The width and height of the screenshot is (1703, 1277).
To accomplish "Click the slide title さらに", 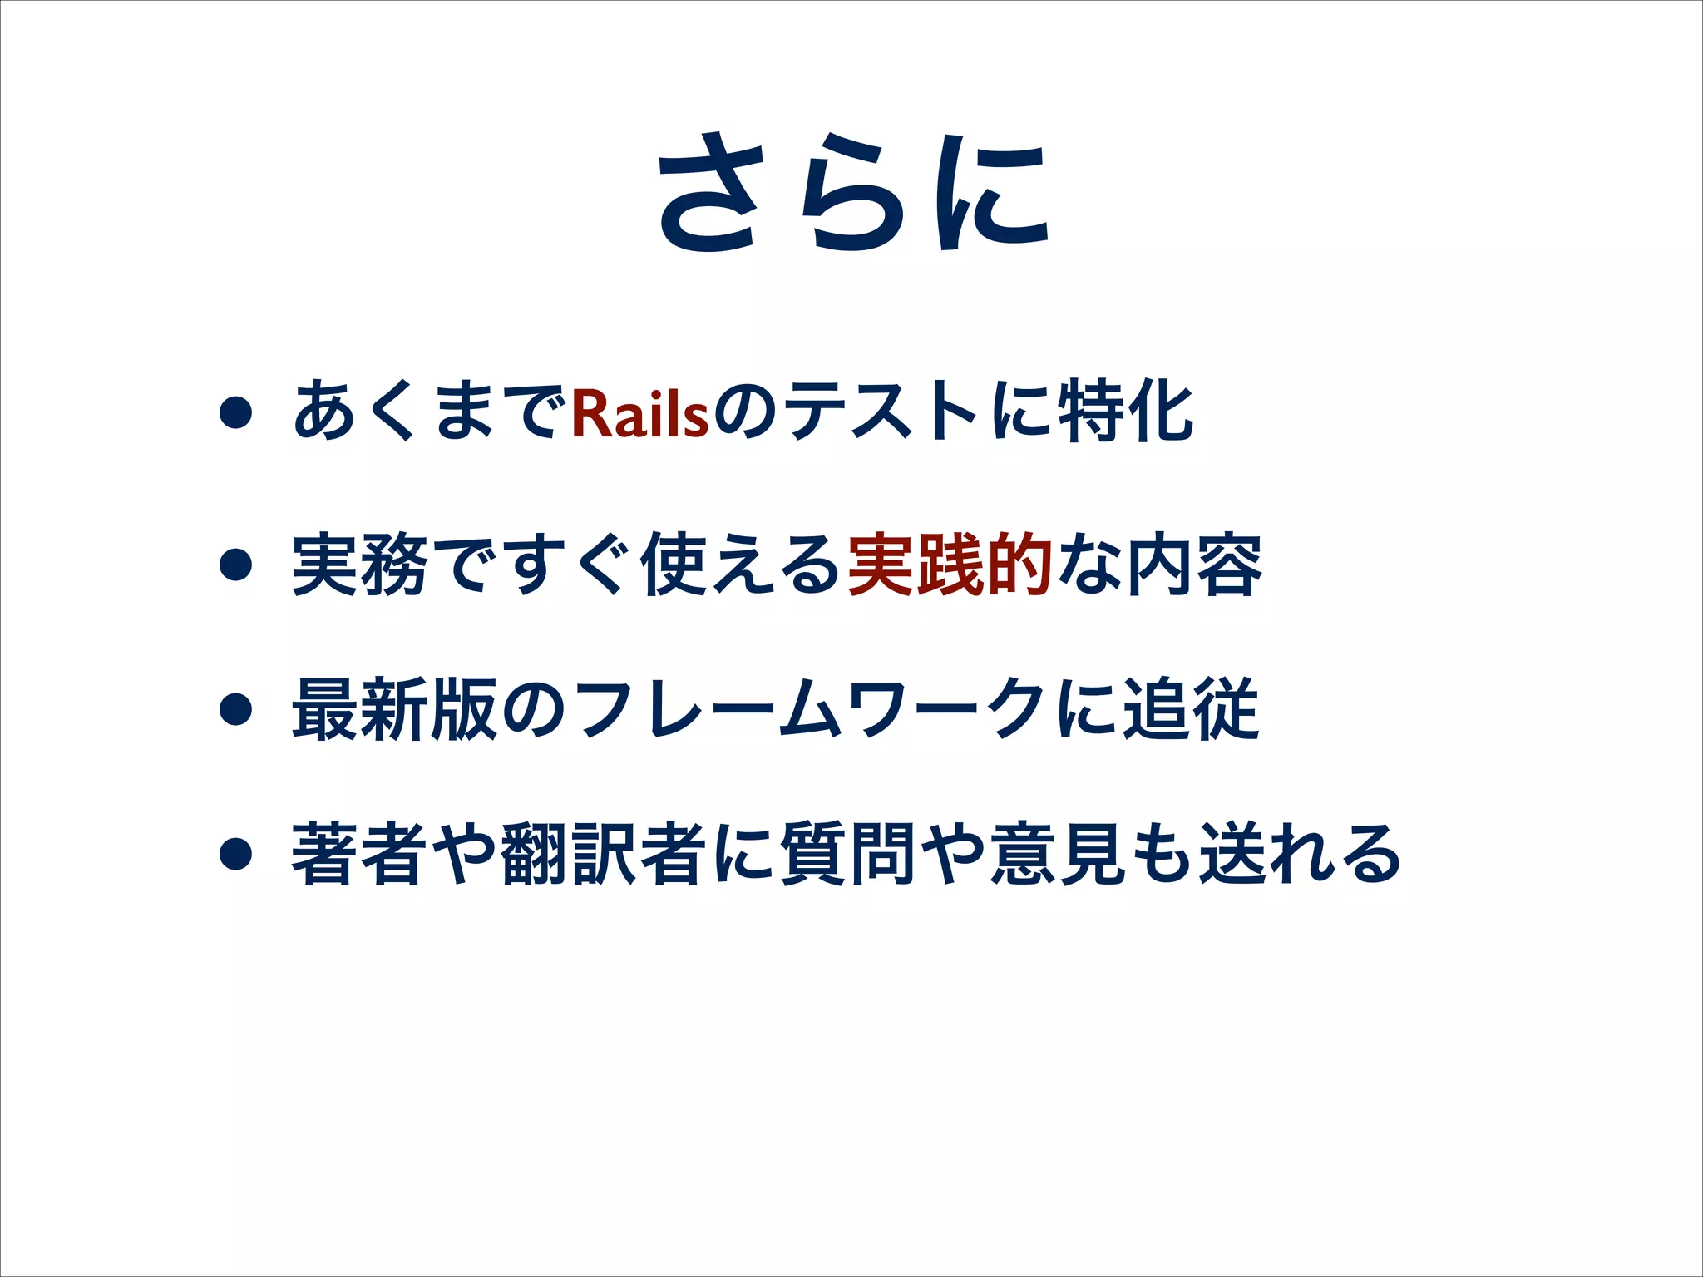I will pyautogui.click(x=853, y=193).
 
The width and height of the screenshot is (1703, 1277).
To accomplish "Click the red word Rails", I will pyautogui.click(x=639, y=413).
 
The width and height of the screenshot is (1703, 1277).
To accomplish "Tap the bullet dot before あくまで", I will pyautogui.click(x=236, y=412).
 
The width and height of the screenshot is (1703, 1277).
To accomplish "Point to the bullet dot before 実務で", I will pyautogui.click(x=236, y=565).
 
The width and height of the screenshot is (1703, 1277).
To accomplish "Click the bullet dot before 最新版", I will pyautogui.click(x=236, y=709).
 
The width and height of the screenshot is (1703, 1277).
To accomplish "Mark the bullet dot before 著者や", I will pyautogui.click(x=236, y=853).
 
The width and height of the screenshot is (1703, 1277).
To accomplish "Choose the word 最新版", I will pyautogui.click(x=394, y=709).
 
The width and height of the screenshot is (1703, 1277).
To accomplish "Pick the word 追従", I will pyautogui.click(x=1191, y=709).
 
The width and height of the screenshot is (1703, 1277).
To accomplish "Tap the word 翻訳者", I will pyautogui.click(x=604, y=853).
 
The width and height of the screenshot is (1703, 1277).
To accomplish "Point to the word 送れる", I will pyautogui.click(x=1299, y=853).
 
